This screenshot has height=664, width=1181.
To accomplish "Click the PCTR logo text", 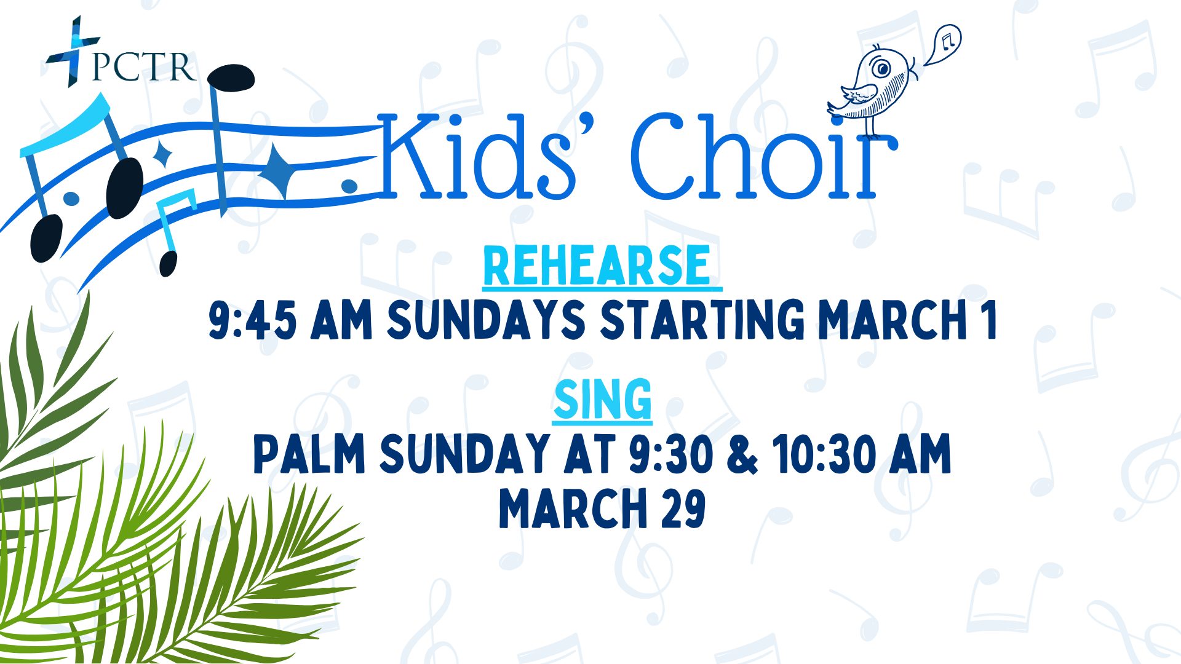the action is coord(143,66).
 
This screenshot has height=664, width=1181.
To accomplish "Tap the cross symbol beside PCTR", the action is coord(73,51).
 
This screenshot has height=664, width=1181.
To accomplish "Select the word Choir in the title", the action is coord(763,156).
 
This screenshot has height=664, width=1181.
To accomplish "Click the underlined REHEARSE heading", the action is coord(602,267).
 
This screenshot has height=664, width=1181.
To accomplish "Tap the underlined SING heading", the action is coord(602,400).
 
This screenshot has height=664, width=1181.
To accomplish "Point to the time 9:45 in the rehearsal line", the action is coord(252,320).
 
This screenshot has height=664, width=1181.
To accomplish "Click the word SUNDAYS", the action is coord(486,320).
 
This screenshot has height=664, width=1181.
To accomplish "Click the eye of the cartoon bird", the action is coord(882,68).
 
